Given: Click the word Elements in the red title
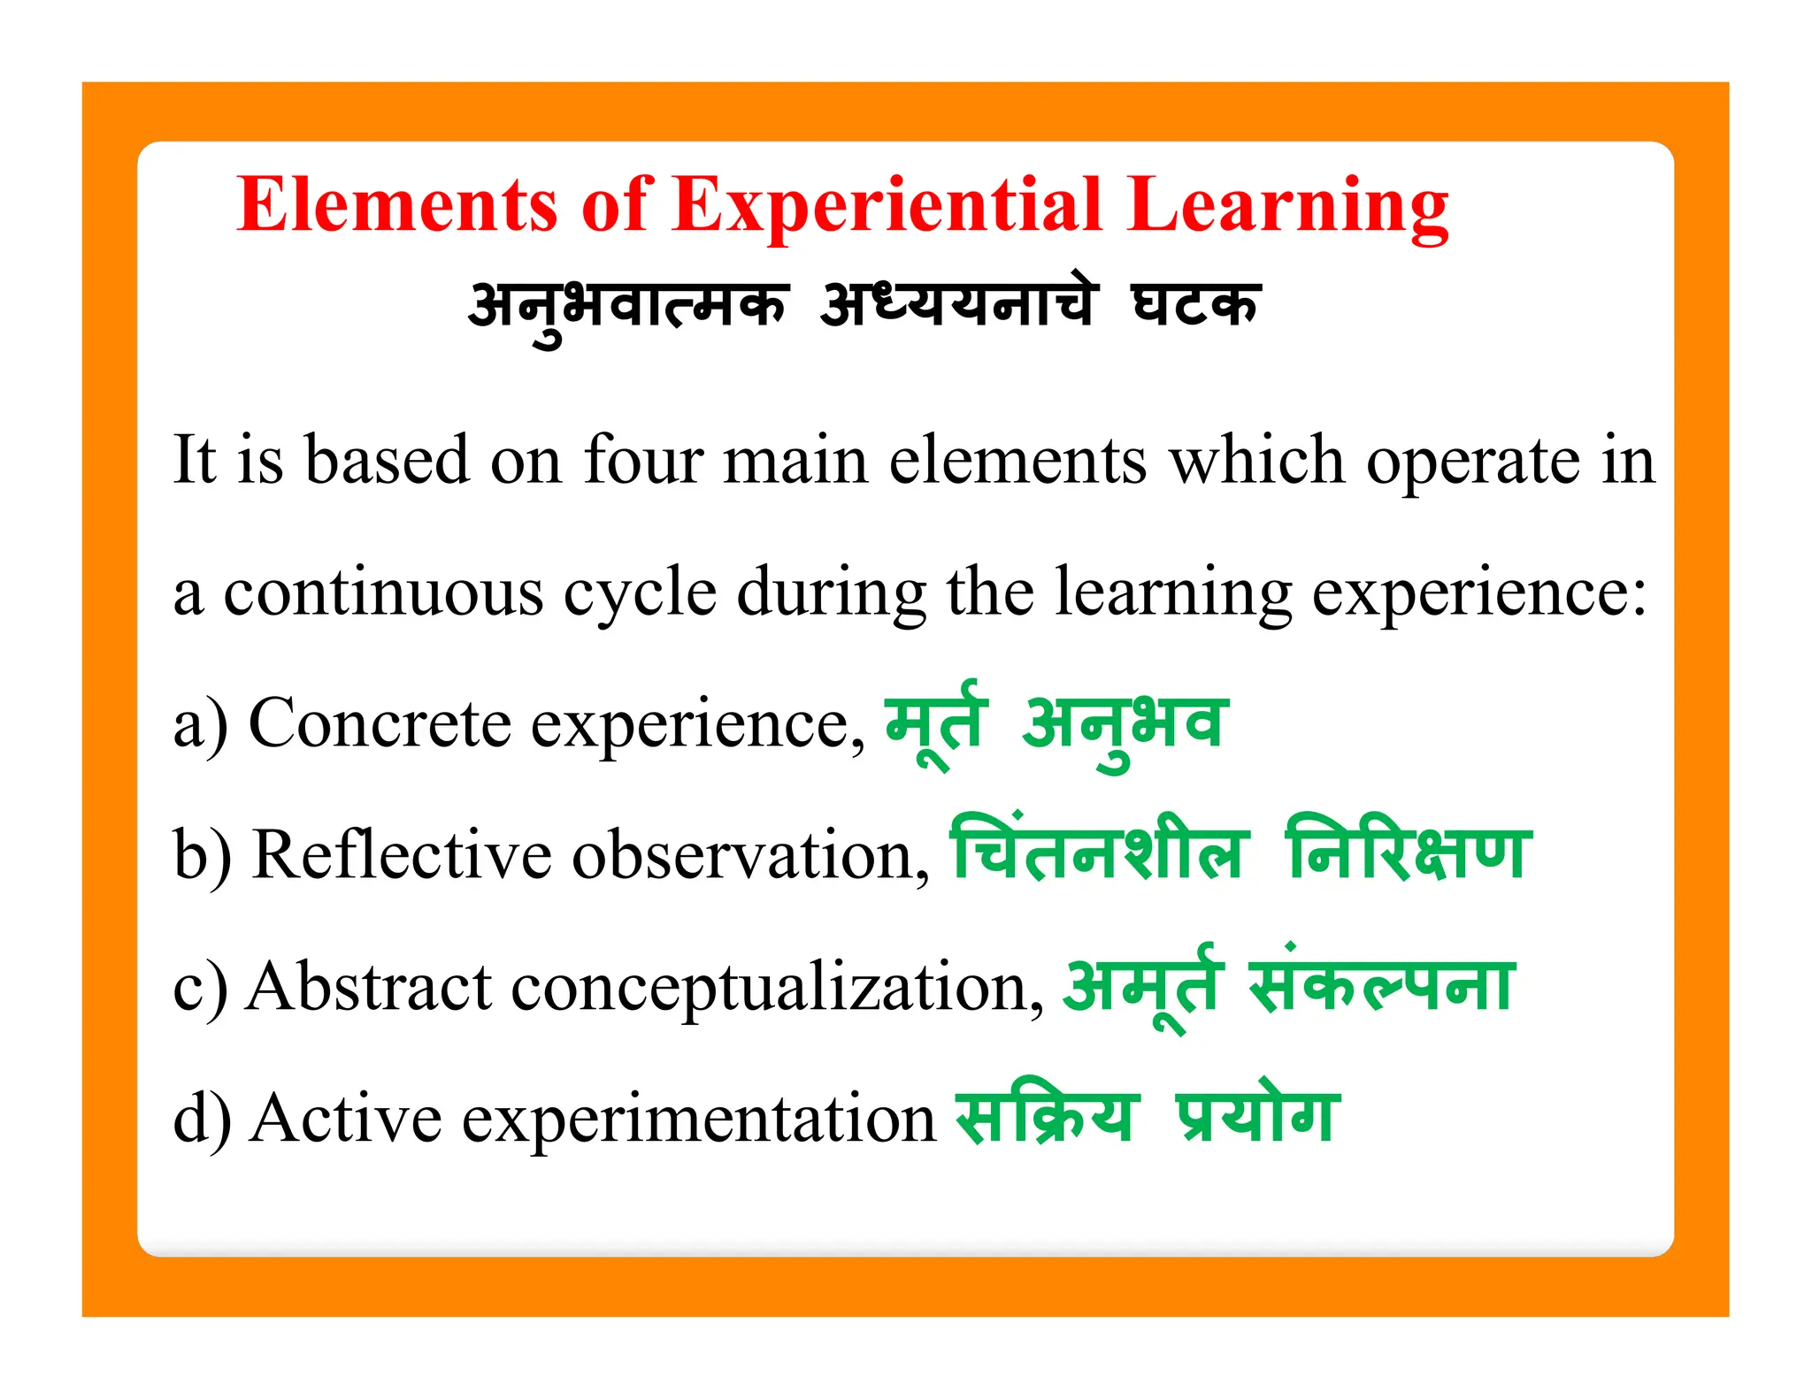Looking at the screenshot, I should [396, 205].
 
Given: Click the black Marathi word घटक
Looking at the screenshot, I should [1196, 305].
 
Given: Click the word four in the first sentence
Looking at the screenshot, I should [643, 460].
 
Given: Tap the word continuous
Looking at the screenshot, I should [383, 592].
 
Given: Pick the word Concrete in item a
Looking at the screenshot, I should [380, 723].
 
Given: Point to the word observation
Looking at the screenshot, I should [750, 855].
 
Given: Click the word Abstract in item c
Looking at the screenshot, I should [369, 986].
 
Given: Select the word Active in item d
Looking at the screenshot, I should [345, 1118].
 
